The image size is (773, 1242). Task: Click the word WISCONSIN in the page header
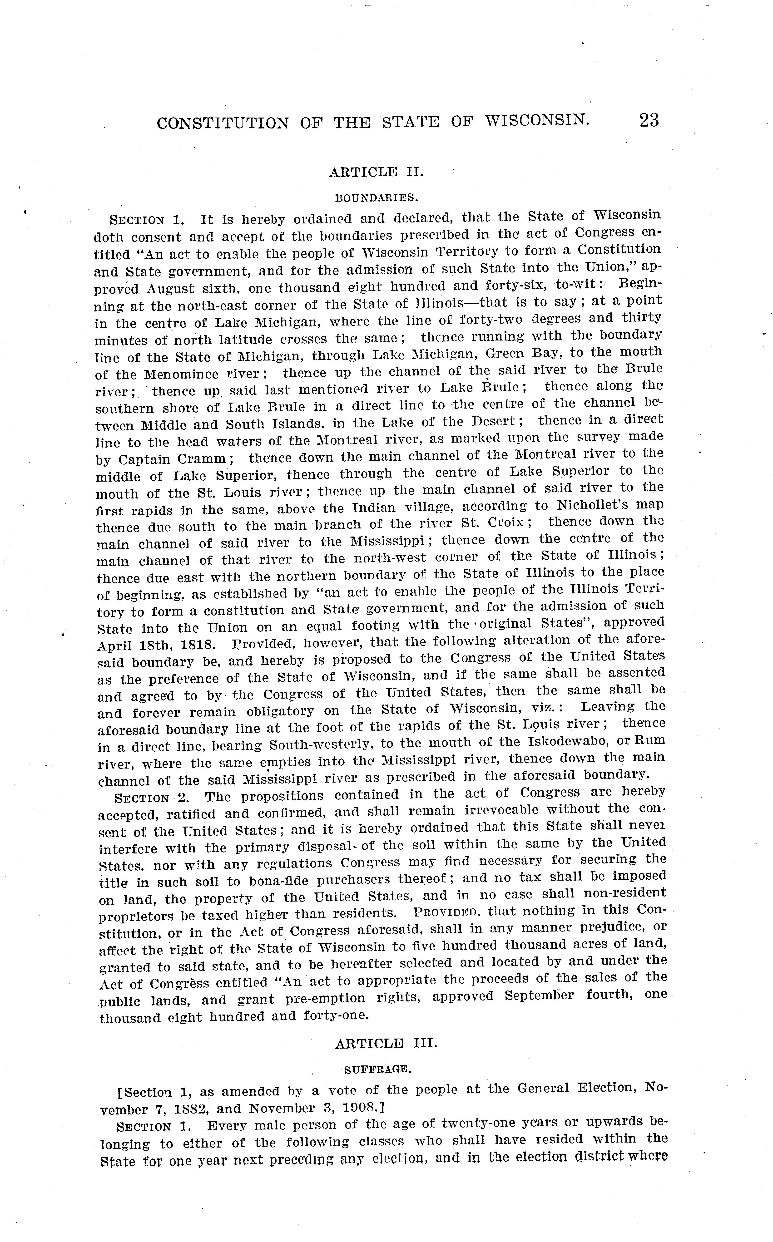[x=537, y=121]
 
